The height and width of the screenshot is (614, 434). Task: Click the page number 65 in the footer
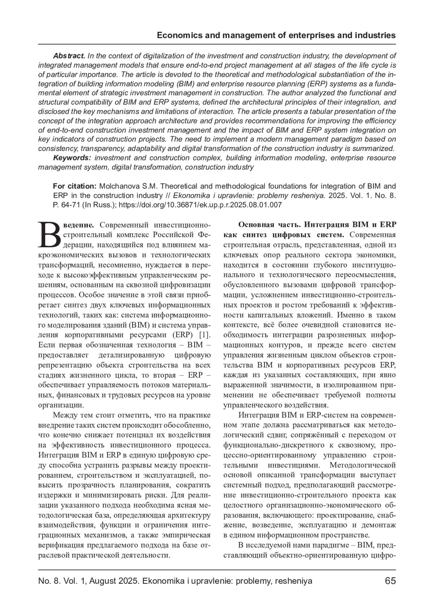pos(390,581)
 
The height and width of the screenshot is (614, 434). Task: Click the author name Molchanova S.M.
pos(128,186)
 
